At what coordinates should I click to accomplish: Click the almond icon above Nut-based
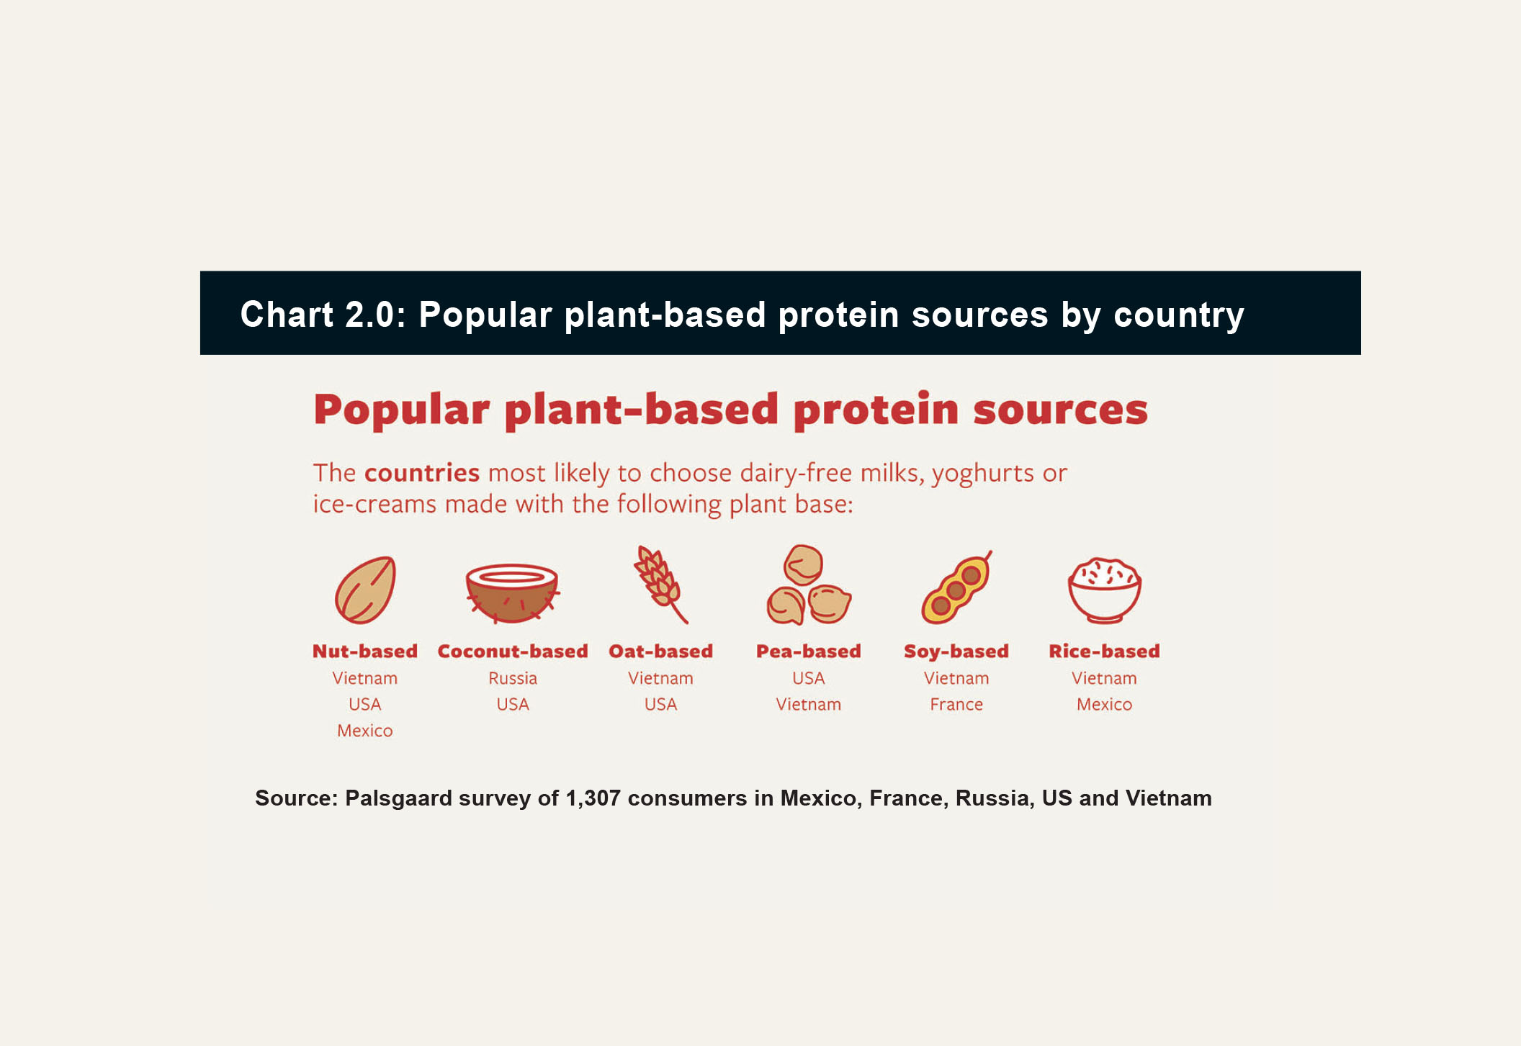coord(365,590)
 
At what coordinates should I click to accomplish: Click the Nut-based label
coord(365,652)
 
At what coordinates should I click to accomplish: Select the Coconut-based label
coord(513,652)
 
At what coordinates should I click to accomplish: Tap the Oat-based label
coord(660,652)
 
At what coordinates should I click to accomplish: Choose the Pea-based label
coord(809,652)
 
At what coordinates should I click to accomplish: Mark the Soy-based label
coord(956,652)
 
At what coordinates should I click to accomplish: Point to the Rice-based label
coord(1104,652)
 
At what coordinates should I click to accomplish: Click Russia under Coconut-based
coord(513,678)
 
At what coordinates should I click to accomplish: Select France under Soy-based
coord(956,704)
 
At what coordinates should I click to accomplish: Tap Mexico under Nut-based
coord(365,731)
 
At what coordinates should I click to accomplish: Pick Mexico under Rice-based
coord(1104,704)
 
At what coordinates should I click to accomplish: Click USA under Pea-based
coord(809,678)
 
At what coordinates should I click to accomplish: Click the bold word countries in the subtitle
coord(422,473)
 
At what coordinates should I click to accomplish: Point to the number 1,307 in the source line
coord(593,798)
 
